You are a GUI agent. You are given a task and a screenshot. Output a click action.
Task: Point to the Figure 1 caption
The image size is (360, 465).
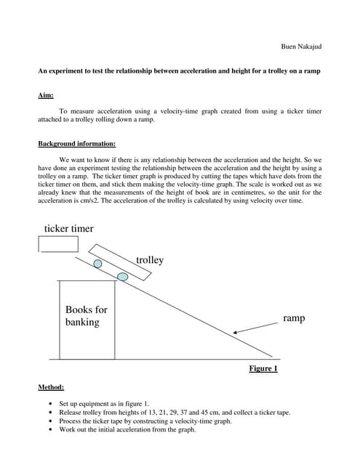click(x=263, y=368)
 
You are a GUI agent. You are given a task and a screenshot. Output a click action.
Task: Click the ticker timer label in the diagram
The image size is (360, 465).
click(x=68, y=229)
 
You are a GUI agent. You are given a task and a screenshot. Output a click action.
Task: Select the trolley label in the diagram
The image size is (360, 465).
click(x=150, y=260)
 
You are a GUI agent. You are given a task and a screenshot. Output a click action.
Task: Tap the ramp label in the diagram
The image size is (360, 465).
click(x=294, y=318)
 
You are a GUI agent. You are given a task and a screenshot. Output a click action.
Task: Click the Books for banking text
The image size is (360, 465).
click(x=86, y=315)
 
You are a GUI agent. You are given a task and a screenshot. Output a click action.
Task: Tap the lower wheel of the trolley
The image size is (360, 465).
click(x=123, y=276)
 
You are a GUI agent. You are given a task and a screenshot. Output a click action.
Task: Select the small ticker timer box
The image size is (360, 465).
click(x=59, y=243)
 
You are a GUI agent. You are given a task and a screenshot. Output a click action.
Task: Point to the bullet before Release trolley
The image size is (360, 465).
click(x=49, y=412)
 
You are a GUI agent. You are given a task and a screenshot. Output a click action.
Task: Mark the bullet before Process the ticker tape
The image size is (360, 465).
click(x=49, y=421)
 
